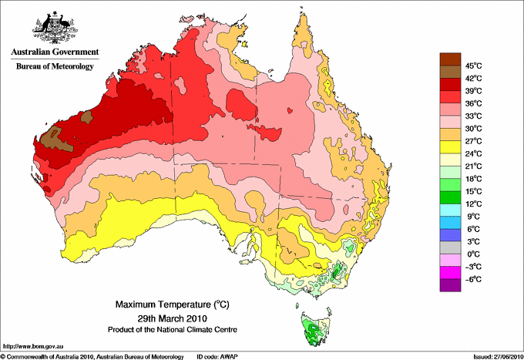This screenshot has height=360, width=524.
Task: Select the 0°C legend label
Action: point(471,254)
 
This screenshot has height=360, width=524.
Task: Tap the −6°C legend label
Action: point(471,279)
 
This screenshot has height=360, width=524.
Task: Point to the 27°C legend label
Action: point(472,141)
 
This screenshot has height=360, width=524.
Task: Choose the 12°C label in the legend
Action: point(472,204)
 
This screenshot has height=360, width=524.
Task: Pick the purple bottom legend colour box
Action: point(450,285)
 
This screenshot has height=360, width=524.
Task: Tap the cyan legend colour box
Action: point(450,210)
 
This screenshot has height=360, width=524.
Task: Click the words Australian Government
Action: point(55,53)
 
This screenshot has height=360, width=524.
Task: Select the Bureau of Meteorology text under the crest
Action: point(55,67)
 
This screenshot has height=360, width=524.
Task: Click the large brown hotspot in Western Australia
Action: point(54,140)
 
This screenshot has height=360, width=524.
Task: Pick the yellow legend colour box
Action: point(450,147)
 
